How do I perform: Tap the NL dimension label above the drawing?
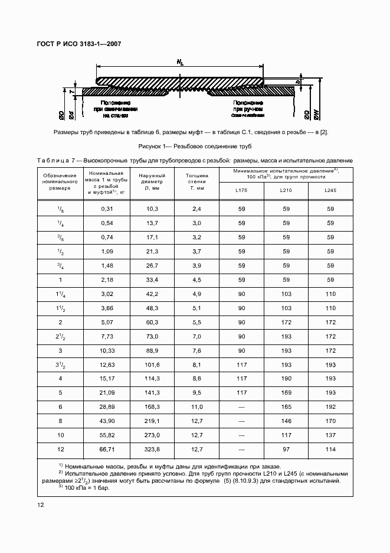tap(179, 61)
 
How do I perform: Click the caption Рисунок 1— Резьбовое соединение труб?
tap(195, 146)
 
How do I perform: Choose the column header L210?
tap(286, 190)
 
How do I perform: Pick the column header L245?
tap(330, 190)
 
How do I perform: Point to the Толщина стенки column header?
tap(197, 181)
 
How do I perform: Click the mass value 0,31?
tap(106, 209)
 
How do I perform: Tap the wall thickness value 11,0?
tap(197, 408)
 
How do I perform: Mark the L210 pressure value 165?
tap(286, 408)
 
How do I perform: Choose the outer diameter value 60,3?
tap(152, 322)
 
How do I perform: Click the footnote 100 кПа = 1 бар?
tap(86, 487)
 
